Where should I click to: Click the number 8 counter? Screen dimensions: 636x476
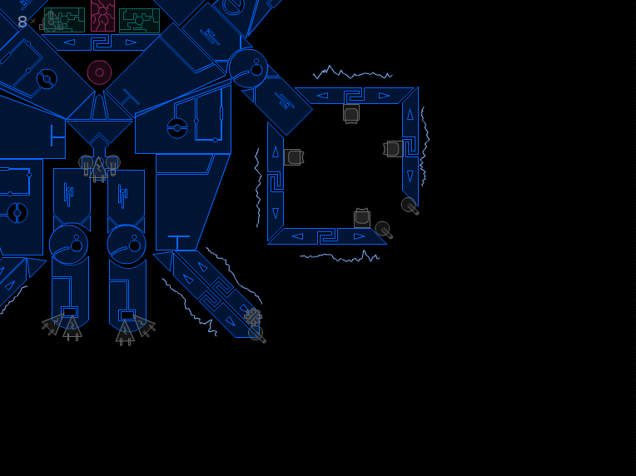click(22, 22)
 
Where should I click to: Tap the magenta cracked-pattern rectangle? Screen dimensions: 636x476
click(102, 16)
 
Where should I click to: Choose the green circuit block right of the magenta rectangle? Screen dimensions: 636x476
click(140, 21)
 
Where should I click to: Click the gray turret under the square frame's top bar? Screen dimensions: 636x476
click(351, 114)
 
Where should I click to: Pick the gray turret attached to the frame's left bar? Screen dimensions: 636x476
click(294, 157)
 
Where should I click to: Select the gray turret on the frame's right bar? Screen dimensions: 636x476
click(393, 149)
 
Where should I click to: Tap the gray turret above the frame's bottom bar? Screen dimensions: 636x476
click(362, 218)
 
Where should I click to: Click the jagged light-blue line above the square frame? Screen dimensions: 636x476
click(353, 72)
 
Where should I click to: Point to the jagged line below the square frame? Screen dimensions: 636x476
click(340, 256)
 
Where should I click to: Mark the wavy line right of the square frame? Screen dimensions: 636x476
click(425, 146)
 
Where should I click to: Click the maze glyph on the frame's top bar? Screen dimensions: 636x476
click(354, 96)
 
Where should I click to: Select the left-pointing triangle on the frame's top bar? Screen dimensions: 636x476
click(322, 96)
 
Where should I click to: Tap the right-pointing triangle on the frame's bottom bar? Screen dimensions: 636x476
click(360, 236)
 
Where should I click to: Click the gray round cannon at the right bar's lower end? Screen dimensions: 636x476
click(410, 206)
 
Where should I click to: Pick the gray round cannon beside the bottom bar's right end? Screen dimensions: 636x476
click(383, 230)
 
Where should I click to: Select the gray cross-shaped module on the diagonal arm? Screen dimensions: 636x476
click(253, 317)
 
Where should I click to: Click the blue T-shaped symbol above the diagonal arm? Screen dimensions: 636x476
click(178, 242)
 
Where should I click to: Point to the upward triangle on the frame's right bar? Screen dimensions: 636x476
click(410, 115)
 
